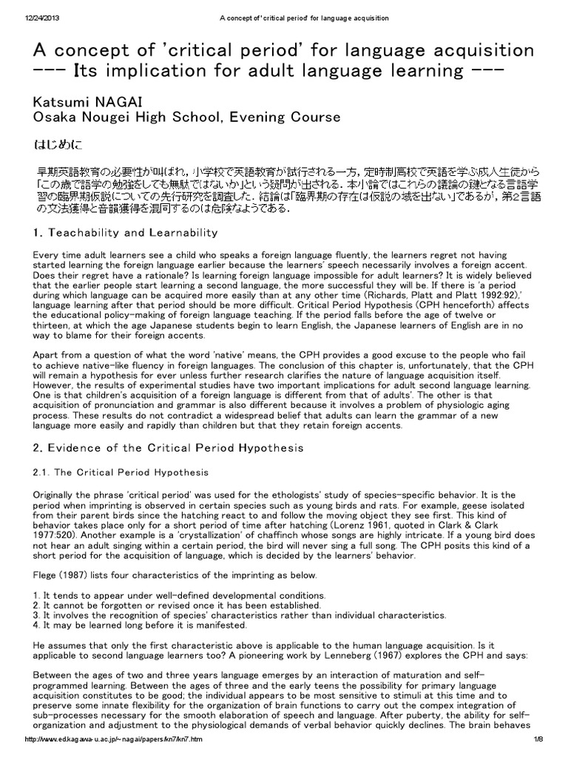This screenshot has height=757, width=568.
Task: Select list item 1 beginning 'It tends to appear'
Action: click(x=177, y=594)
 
